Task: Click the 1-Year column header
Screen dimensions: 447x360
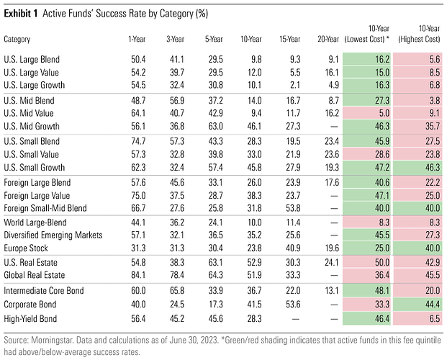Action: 137,39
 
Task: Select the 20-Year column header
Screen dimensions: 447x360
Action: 328,39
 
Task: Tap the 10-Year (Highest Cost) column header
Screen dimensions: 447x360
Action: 420,34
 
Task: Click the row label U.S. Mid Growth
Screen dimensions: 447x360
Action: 32,126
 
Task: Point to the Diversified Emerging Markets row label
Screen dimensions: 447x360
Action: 53,235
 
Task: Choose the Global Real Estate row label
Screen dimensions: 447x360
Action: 35,275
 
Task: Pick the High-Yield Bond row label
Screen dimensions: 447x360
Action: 30,318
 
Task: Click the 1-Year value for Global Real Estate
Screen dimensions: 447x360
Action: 138,275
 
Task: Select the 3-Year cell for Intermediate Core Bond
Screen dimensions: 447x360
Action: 177,291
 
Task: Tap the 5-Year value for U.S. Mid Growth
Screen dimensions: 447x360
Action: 215,126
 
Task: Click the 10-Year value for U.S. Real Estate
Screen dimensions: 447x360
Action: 254,263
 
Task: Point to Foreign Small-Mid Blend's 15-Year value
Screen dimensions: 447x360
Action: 293,208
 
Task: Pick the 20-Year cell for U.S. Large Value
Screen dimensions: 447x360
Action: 332,73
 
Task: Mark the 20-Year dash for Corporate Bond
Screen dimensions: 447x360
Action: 334,305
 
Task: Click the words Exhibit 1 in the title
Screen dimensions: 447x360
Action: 21,14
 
